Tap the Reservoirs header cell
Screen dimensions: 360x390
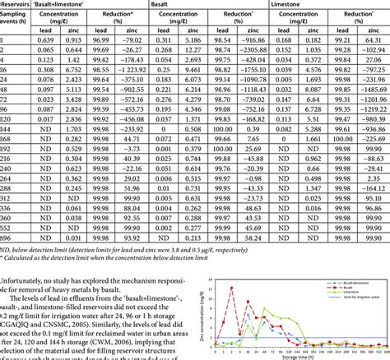(x=15, y=6)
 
